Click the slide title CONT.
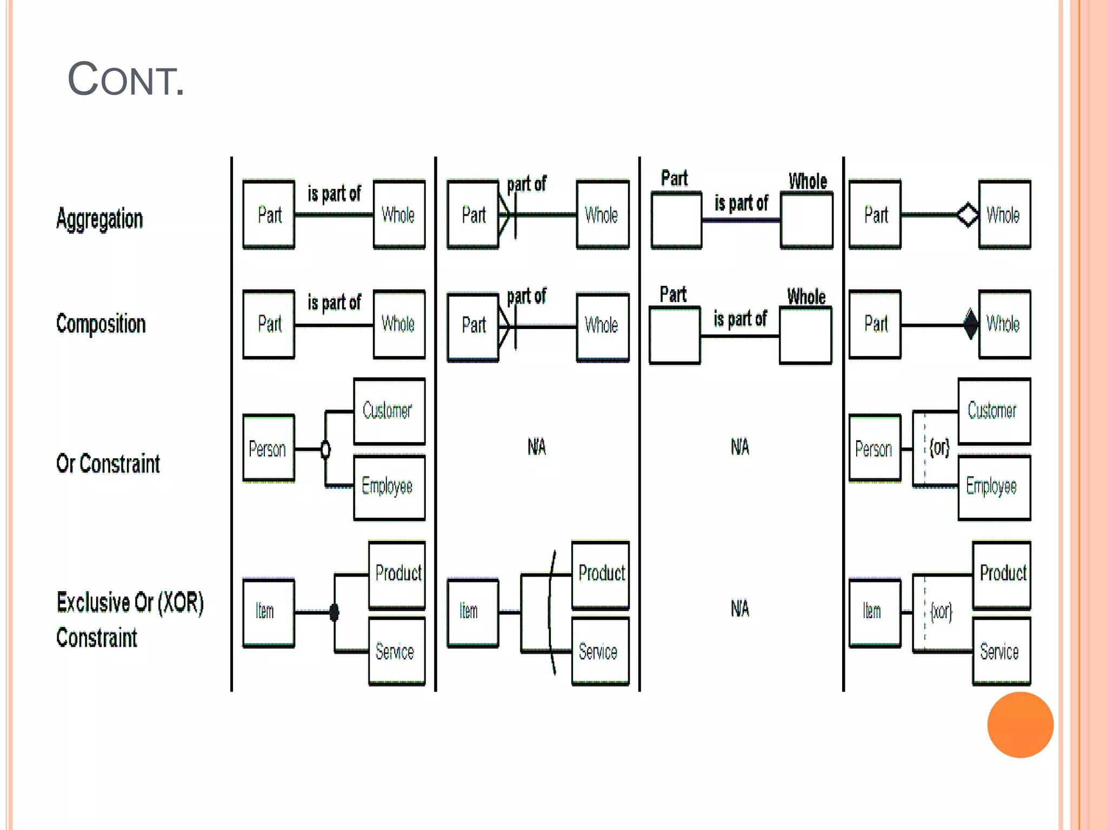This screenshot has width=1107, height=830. (x=125, y=80)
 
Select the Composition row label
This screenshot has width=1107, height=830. (x=101, y=324)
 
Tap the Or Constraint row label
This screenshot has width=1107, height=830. (x=108, y=464)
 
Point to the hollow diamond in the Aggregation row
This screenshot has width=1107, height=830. (x=967, y=215)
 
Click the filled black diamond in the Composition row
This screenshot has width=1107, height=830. (x=971, y=324)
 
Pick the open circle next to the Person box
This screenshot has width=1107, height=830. (x=325, y=449)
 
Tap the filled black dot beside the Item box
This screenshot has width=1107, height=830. (x=334, y=612)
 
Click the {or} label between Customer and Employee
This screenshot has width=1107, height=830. (x=939, y=447)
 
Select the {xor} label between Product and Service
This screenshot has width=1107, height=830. (x=941, y=612)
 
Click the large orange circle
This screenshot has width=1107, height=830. (x=1020, y=725)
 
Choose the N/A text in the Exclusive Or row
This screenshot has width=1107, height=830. (x=740, y=609)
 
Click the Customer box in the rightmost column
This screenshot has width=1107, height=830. (x=993, y=411)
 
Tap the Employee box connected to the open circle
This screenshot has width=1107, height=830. (x=389, y=487)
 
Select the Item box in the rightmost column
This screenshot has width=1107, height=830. (x=875, y=612)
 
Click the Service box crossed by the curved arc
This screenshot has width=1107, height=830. (x=601, y=652)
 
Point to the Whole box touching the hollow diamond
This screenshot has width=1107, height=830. (x=1004, y=215)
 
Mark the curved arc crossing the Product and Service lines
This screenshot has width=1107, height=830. (x=551, y=612)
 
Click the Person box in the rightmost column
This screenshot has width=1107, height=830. (x=875, y=449)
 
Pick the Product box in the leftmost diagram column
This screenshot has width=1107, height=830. (x=397, y=574)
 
